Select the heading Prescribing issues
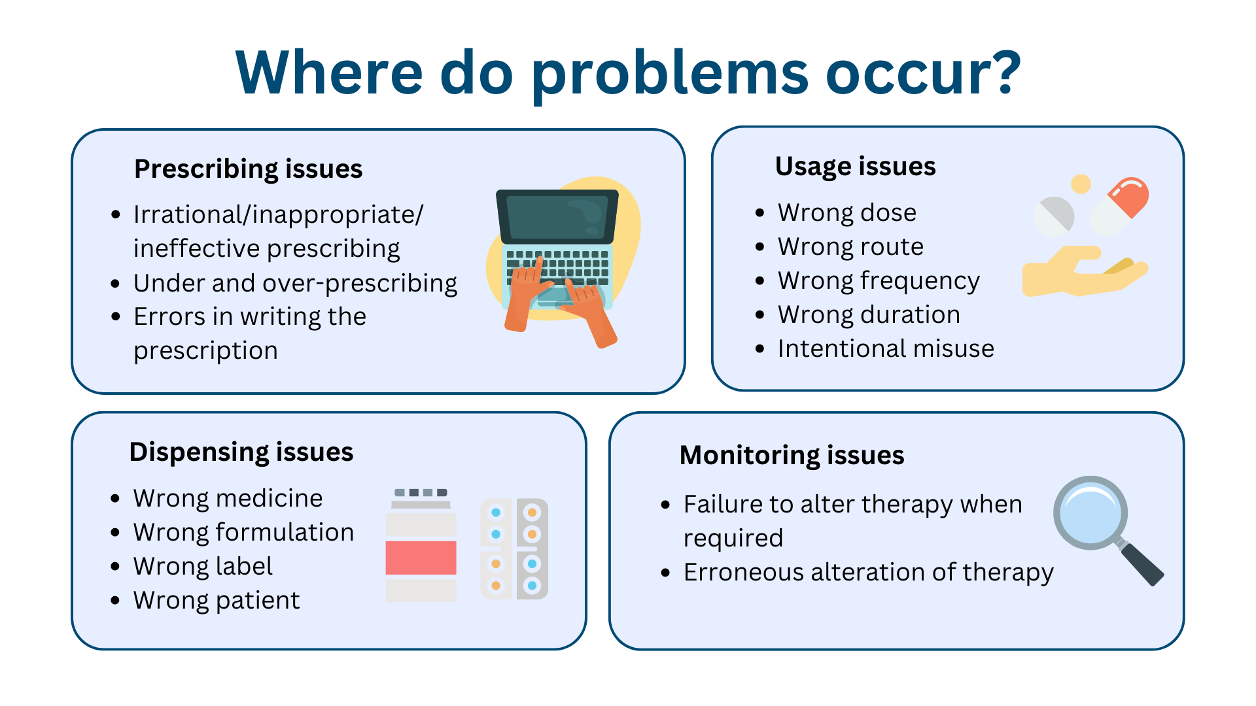pos(248,169)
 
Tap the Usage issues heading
pos(855,167)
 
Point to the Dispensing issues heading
pos(241,452)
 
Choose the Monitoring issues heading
pos(792,455)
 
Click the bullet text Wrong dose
pos(846,212)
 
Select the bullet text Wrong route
pos(850,246)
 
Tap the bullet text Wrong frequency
pos(879,280)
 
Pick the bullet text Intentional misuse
pos(885,348)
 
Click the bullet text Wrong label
pos(203,566)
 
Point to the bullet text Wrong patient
pos(217,600)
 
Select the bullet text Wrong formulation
pos(243,532)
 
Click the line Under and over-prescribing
pos(295,283)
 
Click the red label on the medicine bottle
pos(421,558)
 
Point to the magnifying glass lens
pos(1090,513)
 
